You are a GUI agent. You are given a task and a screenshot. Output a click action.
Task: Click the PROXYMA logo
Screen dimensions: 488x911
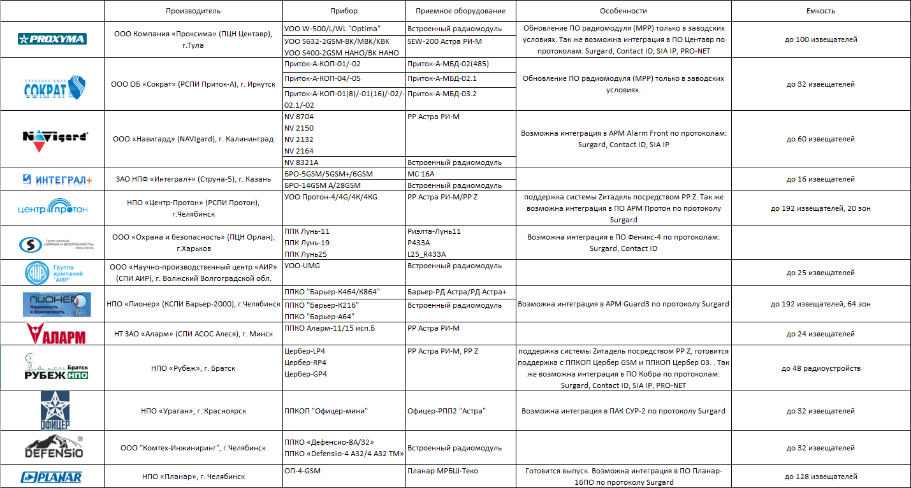click(52, 39)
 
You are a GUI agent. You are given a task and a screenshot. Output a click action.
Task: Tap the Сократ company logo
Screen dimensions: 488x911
click(52, 85)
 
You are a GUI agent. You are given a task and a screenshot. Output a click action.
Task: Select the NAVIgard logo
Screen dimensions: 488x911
click(52, 138)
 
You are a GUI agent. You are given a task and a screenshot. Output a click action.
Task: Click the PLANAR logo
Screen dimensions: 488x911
click(52, 477)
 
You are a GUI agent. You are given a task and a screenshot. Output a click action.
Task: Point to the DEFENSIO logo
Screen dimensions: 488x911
click(52, 448)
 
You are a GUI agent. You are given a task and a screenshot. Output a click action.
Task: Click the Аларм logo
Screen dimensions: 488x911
click(52, 334)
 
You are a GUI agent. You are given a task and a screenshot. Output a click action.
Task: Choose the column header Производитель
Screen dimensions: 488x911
click(193, 11)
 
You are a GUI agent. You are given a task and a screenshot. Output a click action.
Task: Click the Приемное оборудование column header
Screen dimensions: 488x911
click(460, 11)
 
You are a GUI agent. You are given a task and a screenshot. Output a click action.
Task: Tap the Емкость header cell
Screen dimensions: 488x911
click(820, 11)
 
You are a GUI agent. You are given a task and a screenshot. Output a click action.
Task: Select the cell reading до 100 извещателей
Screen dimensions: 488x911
click(820, 39)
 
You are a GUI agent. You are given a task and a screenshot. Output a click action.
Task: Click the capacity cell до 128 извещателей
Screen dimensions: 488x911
click(820, 477)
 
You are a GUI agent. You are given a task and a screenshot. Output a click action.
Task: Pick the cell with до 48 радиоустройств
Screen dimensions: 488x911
click(820, 368)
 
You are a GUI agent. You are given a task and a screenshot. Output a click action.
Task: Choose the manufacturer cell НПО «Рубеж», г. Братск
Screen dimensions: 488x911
click(193, 368)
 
